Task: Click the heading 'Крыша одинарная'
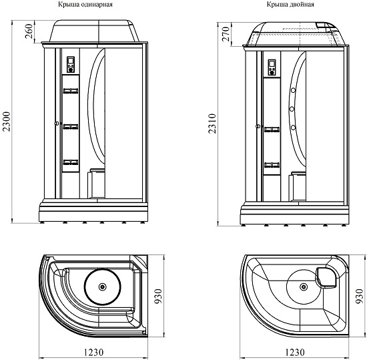(85, 5)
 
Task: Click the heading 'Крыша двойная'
(290, 5)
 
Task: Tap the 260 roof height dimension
(28, 31)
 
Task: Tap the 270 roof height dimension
(226, 34)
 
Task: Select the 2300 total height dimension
(7, 122)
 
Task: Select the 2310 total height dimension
(212, 124)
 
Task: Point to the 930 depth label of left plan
(158, 296)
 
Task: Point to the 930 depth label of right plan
(359, 296)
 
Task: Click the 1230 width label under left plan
(93, 352)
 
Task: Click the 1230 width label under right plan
(295, 352)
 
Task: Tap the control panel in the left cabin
(71, 65)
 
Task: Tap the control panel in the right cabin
(272, 67)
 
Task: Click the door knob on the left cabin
(57, 123)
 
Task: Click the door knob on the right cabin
(258, 126)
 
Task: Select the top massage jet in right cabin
(293, 90)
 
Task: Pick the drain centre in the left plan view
(103, 287)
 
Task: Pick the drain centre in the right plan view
(304, 287)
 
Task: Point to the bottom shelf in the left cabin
(71, 162)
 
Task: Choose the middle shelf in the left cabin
(71, 126)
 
